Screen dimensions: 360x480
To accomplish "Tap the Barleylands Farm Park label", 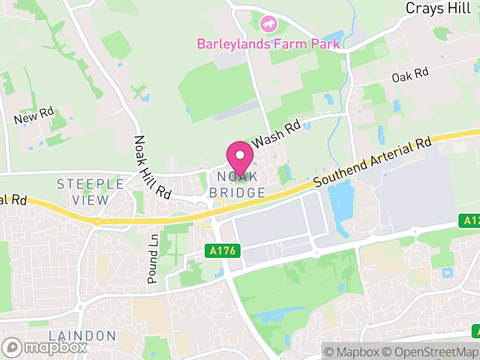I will click(x=269, y=44).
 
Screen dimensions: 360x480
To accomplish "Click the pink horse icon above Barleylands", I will click(x=269, y=25).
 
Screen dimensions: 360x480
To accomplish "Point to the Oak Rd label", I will click(x=410, y=75).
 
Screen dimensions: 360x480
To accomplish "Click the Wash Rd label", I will click(x=275, y=136).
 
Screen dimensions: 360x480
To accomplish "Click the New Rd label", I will click(x=34, y=116).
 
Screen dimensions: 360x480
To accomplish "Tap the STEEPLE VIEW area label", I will click(x=91, y=192).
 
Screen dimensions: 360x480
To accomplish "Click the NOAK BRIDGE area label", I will click(x=238, y=185).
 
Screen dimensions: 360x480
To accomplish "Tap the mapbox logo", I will click(x=46, y=347).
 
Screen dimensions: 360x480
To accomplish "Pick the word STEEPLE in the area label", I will click(x=91, y=184).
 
